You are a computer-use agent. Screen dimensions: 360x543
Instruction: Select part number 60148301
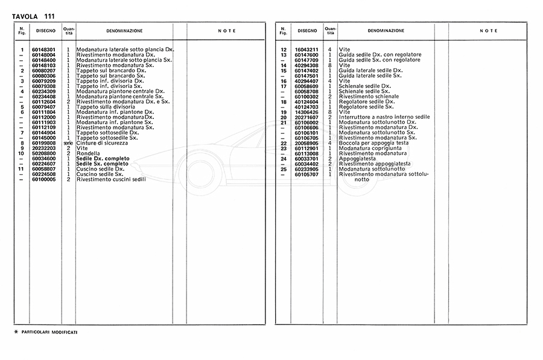(x=43, y=49)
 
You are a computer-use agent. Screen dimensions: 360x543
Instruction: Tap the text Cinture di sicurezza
(x=102, y=142)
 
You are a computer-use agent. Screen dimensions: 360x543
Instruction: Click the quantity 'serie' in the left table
(x=68, y=143)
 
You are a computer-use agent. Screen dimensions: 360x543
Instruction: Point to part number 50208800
(x=43, y=153)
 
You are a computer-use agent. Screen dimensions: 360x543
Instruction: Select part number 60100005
(x=43, y=179)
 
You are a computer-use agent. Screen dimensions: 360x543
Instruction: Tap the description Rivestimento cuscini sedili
(x=111, y=179)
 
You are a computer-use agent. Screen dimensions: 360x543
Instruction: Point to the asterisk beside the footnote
(x=16, y=332)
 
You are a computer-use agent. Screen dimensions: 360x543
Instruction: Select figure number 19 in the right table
(x=283, y=112)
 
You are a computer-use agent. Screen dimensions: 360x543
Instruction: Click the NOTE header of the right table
(x=489, y=30)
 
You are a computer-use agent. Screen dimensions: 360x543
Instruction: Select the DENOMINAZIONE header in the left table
(x=124, y=30)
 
